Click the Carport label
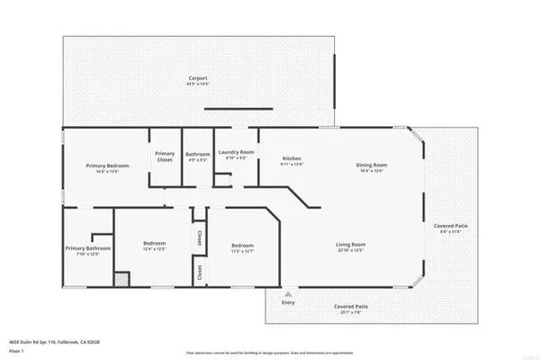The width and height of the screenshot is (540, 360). (197, 78)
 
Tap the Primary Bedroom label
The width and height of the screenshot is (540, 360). (107, 166)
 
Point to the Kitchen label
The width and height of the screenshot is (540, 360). (292, 158)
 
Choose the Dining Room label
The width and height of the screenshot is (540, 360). (371, 165)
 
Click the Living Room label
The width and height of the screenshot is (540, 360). (351, 245)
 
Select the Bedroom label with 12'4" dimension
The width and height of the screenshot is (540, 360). (155, 244)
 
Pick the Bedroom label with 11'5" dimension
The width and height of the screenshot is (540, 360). (243, 246)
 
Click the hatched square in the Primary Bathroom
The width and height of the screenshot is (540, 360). (121, 280)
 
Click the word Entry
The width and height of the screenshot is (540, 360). (288, 303)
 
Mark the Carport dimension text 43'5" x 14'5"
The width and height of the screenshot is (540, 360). (197, 84)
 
